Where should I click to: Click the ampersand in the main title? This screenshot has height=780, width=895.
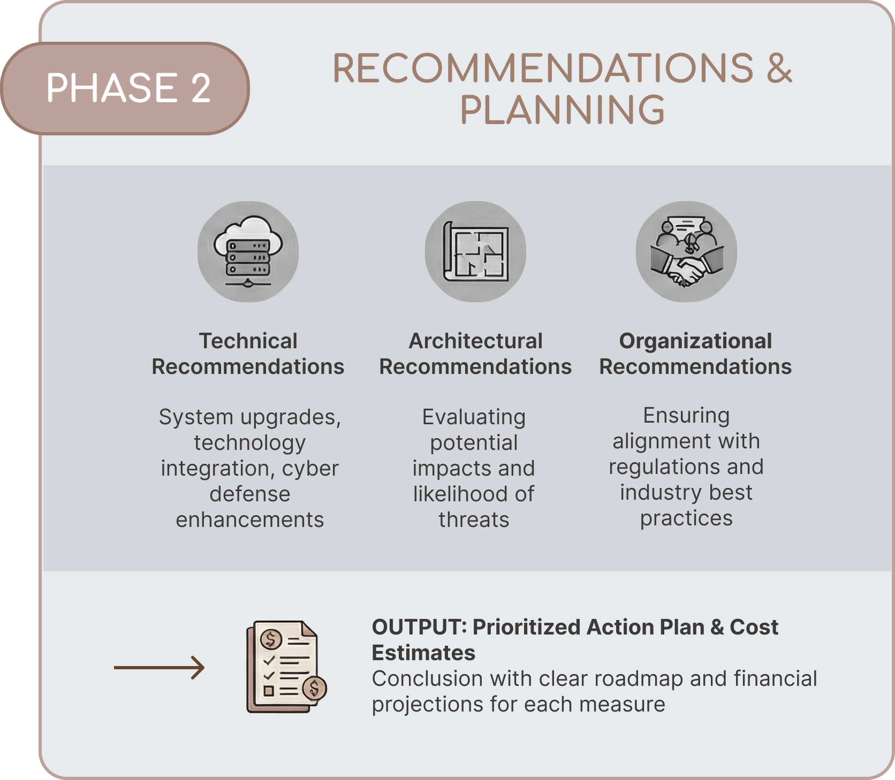coord(779,68)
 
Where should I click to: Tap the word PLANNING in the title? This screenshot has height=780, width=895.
coord(562,110)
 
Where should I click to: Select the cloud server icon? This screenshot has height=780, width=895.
coord(248,251)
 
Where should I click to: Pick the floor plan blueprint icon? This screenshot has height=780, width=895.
coord(475,251)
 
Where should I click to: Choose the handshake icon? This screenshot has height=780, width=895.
coord(686,251)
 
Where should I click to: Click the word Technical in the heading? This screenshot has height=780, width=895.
coord(248,341)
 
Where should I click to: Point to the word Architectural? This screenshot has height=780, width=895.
coord(475,341)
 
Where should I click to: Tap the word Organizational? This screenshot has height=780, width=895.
coord(695,341)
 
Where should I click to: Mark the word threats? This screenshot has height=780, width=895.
coord(474,519)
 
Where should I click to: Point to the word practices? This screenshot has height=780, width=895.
coord(686,518)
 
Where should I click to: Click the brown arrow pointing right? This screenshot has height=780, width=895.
coord(160,668)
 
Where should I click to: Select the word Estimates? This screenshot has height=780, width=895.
coord(423,653)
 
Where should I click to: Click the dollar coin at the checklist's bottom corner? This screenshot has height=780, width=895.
coord(314,689)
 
